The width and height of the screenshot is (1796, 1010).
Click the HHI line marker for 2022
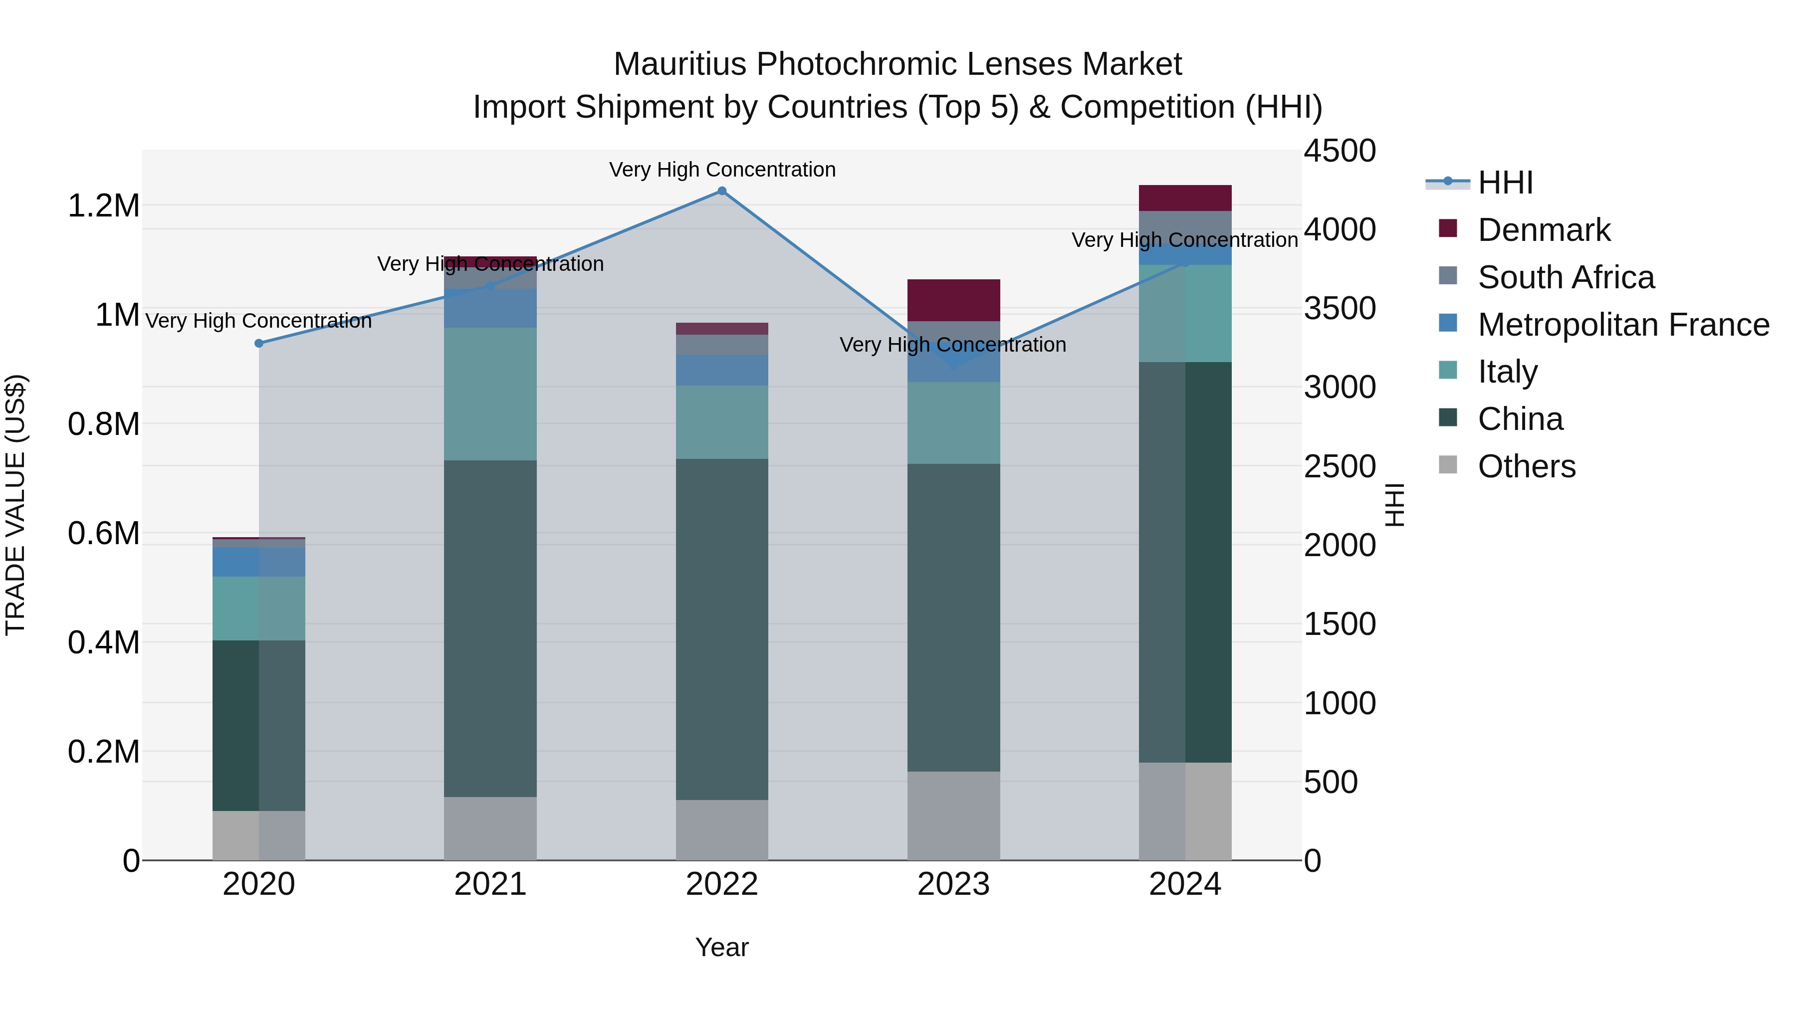click(x=721, y=191)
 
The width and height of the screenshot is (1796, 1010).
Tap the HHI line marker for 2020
click(x=258, y=343)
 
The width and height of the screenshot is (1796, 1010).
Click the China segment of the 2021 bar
click(x=490, y=627)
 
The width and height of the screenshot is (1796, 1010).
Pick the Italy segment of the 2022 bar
click(x=721, y=421)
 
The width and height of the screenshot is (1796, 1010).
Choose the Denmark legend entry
click(x=1543, y=230)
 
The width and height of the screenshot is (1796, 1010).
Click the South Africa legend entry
click(x=1565, y=277)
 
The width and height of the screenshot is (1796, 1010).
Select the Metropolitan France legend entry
click(x=1622, y=325)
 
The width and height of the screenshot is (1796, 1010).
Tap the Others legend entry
click(x=1526, y=466)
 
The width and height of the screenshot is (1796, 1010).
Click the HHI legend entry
click(x=1505, y=183)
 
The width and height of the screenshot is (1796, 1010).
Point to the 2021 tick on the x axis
click(x=490, y=884)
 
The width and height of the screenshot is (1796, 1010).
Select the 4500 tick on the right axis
click(x=1340, y=151)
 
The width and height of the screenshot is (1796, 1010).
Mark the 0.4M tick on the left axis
click(x=103, y=642)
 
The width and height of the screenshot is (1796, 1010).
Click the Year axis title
click(x=721, y=947)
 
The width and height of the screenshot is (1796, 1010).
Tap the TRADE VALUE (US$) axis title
click(x=15, y=505)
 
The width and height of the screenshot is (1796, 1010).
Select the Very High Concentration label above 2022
click(x=721, y=170)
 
